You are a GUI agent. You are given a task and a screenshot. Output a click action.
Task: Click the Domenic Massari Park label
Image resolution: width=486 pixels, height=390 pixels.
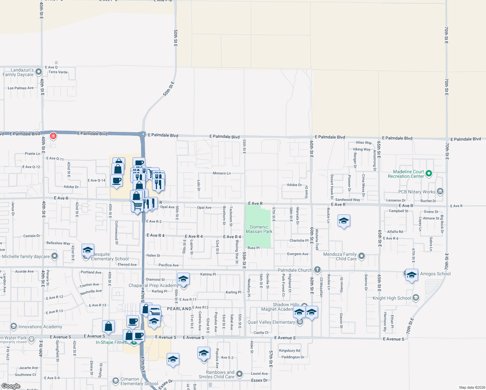tap(259, 229)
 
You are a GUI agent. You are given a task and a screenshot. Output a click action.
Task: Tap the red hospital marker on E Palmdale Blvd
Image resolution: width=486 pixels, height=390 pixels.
tap(53, 136)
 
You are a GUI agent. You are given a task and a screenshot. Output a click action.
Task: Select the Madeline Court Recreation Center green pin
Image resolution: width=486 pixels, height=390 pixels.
tap(429, 174)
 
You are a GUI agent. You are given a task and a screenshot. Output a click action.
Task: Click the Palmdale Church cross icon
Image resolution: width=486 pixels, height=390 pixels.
tap(317, 269)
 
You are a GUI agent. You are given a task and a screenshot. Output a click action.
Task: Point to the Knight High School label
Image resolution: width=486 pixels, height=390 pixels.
tap(391, 298)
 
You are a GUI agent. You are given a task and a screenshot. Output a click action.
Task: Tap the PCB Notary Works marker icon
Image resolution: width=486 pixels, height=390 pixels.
tap(440, 191)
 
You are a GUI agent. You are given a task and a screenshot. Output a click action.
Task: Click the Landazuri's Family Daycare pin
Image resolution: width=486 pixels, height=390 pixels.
tap(39, 71)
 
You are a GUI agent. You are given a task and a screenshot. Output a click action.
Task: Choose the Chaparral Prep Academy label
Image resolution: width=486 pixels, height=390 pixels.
tap(153, 285)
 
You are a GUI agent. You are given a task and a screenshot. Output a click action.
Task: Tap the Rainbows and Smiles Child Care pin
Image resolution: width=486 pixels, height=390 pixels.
tap(239, 374)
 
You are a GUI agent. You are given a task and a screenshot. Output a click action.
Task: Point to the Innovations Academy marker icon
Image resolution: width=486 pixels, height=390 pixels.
tap(13, 326)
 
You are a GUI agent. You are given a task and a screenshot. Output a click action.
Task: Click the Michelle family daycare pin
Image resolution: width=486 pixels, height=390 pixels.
tap(55, 256)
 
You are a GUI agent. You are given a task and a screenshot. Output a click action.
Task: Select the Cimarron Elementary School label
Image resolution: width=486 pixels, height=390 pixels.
tap(139, 381)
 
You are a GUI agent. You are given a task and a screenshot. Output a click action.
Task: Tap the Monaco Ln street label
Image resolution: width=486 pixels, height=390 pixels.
tap(222, 173)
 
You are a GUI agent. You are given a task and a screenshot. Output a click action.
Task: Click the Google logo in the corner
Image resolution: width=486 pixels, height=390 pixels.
tap(11, 386)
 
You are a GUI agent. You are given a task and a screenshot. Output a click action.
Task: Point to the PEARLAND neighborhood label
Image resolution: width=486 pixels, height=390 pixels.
tap(179, 309)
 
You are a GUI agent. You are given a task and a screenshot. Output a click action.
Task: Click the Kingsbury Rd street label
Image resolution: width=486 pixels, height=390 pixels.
tap(289, 350)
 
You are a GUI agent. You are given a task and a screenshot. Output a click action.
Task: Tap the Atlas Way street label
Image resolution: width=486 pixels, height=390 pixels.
tap(364, 142)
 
